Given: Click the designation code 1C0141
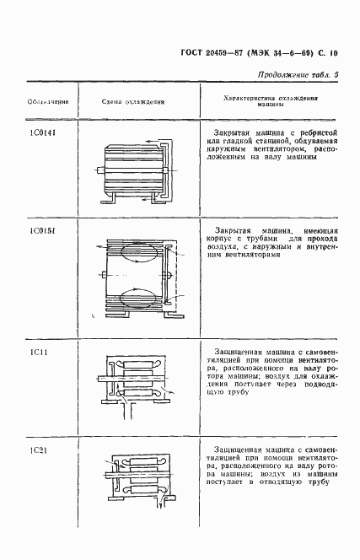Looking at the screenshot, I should (x=36, y=132).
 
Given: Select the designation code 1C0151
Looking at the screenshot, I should (x=36, y=229).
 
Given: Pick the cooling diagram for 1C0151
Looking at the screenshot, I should (x=139, y=277).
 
